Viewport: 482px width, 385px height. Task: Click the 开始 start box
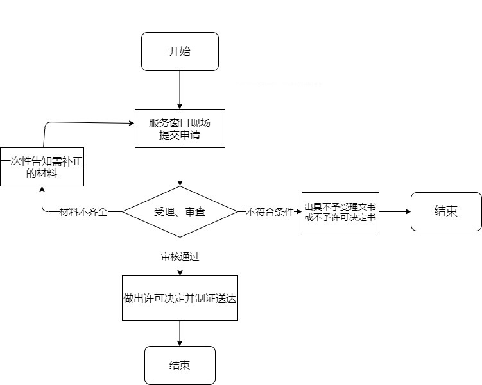point(180,51)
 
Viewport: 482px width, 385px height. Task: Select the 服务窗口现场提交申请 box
point(180,128)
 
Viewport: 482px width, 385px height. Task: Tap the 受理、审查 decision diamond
point(180,211)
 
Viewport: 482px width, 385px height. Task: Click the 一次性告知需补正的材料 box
point(42,167)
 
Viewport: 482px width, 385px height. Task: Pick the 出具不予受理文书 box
point(340,211)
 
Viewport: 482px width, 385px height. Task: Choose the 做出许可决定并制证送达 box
point(180,298)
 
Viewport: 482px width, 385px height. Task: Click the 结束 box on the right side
point(446,211)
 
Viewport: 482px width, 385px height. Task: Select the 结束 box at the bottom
point(180,365)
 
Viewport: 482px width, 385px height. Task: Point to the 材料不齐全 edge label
point(83,211)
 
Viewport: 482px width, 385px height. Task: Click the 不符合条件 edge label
point(270,211)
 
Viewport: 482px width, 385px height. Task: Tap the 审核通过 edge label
point(180,256)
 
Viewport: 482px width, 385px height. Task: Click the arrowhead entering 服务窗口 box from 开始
point(180,106)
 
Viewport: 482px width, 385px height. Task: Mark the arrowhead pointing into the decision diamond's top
point(180,183)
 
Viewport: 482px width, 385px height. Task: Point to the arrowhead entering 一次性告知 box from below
point(42,189)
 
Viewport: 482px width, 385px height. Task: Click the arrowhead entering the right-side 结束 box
point(408,211)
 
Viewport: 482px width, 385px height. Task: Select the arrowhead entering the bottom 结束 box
point(180,343)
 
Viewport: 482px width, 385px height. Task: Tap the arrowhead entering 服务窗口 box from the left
point(132,124)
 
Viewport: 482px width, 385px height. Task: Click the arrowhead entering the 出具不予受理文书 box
point(299,211)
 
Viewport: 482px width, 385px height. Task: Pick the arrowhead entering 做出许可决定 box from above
point(180,273)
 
